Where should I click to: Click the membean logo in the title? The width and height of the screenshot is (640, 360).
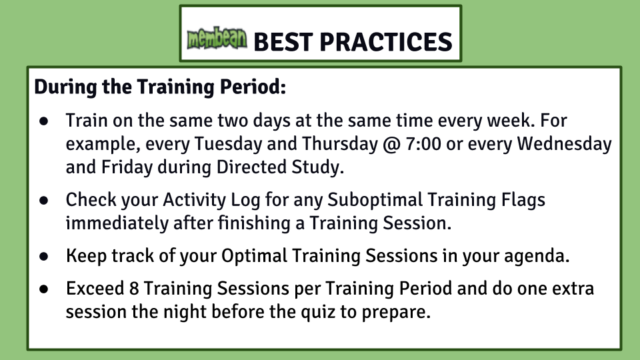click(x=217, y=39)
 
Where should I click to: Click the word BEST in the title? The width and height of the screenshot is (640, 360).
click(x=283, y=41)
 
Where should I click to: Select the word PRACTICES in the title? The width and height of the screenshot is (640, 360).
click(x=386, y=41)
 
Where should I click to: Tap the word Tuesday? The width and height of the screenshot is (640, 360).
click(x=228, y=144)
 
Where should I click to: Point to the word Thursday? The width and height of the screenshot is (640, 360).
click(x=339, y=144)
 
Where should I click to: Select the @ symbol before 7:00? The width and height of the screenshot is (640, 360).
click(x=392, y=145)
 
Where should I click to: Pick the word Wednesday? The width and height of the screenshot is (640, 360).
click(x=564, y=144)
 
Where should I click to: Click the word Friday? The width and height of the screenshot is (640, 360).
click(x=127, y=167)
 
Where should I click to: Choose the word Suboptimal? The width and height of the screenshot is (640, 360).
click(x=375, y=200)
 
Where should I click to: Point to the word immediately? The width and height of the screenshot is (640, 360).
click(x=117, y=223)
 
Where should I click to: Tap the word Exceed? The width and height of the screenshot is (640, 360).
click(x=95, y=288)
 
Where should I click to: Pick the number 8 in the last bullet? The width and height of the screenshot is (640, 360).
click(x=134, y=288)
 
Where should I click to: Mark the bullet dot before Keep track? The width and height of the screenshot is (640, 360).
click(x=44, y=256)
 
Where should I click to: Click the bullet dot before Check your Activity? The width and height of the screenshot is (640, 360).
click(x=44, y=201)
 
